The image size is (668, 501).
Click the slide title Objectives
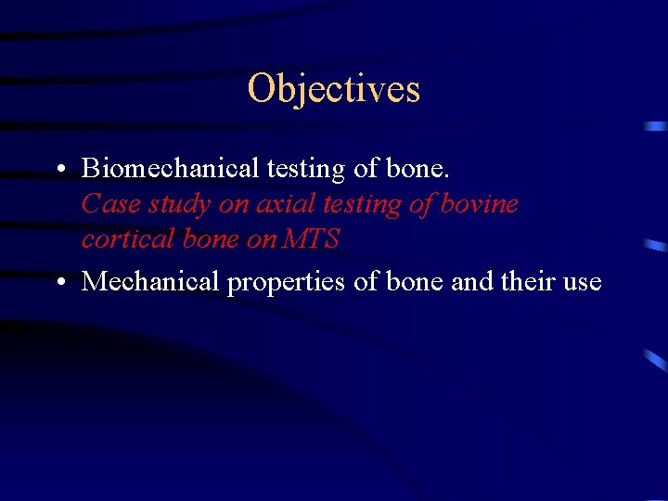tap(334, 89)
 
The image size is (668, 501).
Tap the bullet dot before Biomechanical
tap(58, 170)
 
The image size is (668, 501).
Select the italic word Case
tap(109, 203)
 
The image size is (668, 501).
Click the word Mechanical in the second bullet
tap(151, 281)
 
